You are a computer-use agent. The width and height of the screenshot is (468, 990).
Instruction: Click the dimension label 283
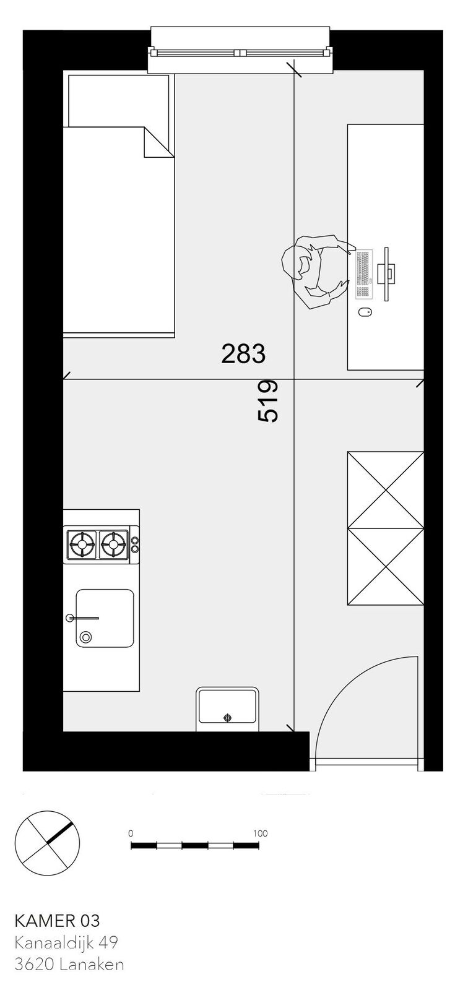click(x=243, y=354)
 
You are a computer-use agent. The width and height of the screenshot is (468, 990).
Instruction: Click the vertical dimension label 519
click(x=268, y=401)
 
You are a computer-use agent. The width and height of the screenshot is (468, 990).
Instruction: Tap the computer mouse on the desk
click(x=365, y=312)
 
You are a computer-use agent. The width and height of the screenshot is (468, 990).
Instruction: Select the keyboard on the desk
click(x=363, y=273)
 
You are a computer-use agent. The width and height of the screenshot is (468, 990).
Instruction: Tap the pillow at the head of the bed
click(x=119, y=101)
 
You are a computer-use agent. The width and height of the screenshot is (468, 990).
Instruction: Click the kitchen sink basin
click(x=105, y=618)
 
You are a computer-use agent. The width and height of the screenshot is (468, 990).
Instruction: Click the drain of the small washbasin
click(x=227, y=717)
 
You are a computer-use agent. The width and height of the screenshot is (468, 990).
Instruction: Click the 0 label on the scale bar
click(x=131, y=833)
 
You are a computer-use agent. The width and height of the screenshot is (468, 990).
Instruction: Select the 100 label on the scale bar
click(x=261, y=833)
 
